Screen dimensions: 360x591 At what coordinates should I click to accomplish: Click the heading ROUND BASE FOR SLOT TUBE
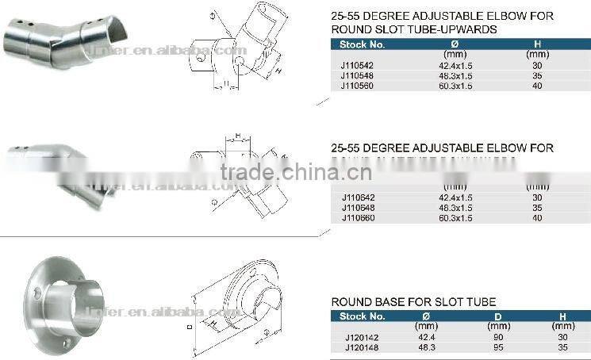413,302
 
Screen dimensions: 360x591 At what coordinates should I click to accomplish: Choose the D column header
498,316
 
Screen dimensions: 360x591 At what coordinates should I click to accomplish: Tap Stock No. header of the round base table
361,316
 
